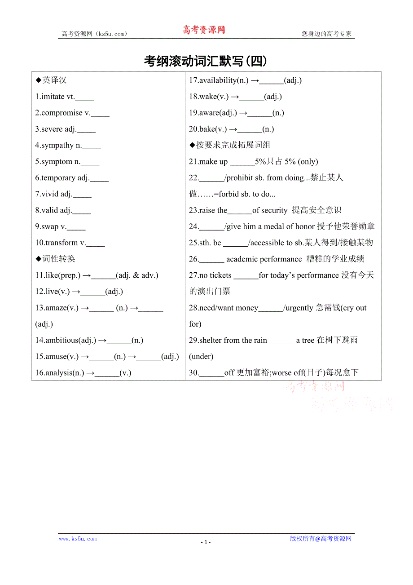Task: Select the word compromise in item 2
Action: click(62, 113)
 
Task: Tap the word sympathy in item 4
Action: click(57, 145)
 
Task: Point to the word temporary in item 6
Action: click(58, 178)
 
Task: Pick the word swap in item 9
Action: click(50, 226)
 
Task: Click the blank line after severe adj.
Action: click(87, 129)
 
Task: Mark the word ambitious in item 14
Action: click(62, 340)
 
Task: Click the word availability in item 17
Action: click(218, 80)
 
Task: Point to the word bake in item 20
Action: click(207, 129)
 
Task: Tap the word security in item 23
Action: click(273, 210)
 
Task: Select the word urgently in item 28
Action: click(299, 308)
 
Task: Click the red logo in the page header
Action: click(204, 30)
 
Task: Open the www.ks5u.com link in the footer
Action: click(78, 539)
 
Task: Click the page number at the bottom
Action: click(206, 542)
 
